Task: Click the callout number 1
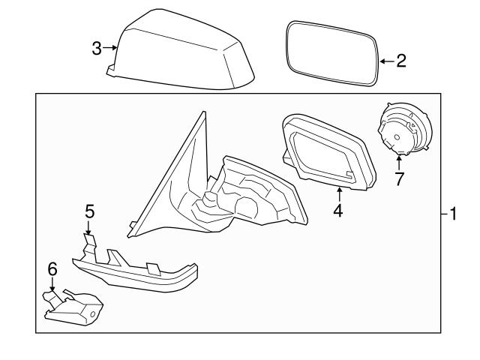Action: coord(452,214)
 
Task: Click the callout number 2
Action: coord(400,61)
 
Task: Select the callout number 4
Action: coord(337,211)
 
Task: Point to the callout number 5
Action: coord(89,211)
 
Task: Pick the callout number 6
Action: coord(52,268)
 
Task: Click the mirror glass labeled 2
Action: coord(331,55)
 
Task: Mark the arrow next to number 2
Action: coord(385,61)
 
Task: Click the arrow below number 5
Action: coord(89,228)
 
